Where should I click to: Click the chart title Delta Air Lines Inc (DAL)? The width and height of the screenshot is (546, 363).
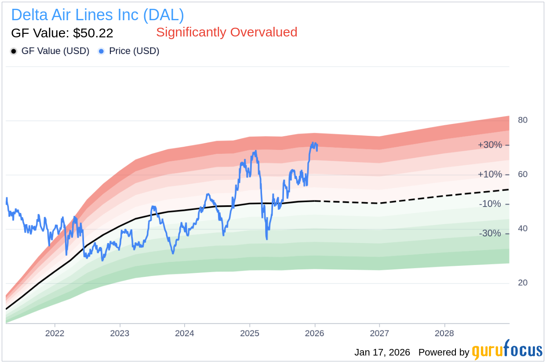(98, 15)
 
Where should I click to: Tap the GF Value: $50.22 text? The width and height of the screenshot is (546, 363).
(62, 33)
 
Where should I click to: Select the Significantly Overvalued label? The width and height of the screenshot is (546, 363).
(226, 32)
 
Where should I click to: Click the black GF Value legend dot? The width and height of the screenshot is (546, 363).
(14, 51)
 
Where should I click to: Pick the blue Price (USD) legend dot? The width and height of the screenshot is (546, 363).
(101, 51)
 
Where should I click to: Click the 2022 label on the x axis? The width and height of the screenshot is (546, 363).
(55, 334)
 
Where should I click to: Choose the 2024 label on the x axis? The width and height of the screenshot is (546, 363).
(184, 334)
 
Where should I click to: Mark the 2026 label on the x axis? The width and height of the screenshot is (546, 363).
(314, 334)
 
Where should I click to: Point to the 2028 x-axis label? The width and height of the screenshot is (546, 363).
(444, 334)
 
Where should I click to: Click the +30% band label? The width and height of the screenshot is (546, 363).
(490, 145)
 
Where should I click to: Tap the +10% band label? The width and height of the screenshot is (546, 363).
(490, 174)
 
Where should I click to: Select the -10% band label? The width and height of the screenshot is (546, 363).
(490, 204)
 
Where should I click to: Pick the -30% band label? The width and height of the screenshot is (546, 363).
(490, 233)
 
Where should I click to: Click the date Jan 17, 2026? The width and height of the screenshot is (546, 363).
(382, 352)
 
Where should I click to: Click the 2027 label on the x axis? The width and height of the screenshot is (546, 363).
(379, 334)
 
